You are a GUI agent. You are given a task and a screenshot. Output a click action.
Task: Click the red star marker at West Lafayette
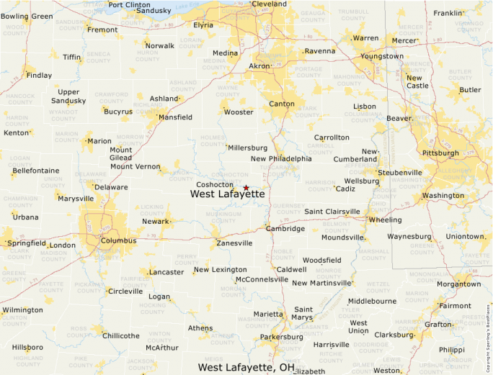(x=246, y=187)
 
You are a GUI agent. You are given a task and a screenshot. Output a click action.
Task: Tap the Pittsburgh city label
(x=441, y=153)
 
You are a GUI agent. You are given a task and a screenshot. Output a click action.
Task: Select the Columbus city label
(x=119, y=240)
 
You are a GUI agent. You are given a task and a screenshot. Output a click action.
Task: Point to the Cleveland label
(x=270, y=4)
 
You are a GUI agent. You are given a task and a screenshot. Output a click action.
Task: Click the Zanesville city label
(x=234, y=243)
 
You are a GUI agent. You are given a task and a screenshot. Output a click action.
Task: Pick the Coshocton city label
(x=215, y=184)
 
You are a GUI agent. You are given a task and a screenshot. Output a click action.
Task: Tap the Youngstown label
(x=383, y=56)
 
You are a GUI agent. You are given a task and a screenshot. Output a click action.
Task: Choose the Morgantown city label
(x=458, y=284)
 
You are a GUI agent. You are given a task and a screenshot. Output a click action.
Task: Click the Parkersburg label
(x=281, y=337)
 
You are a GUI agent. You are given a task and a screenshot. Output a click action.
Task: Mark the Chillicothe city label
(x=121, y=335)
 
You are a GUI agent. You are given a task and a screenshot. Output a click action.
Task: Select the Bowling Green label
(x=27, y=16)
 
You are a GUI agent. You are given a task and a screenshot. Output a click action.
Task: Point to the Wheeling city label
(x=386, y=220)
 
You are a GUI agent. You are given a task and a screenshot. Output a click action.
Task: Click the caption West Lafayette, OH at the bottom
(x=246, y=367)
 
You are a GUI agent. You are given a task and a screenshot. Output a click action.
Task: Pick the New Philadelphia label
(x=281, y=158)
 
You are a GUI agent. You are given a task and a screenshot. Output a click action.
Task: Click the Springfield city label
(x=27, y=243)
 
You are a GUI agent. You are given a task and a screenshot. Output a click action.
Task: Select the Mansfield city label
(x=175, y=117)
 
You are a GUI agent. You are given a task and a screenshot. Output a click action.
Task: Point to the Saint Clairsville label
(x=332, y=212)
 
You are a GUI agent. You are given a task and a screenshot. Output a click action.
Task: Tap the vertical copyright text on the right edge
(x=489, y=332)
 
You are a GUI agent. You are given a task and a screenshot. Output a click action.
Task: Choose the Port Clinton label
(x=130, y=4)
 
